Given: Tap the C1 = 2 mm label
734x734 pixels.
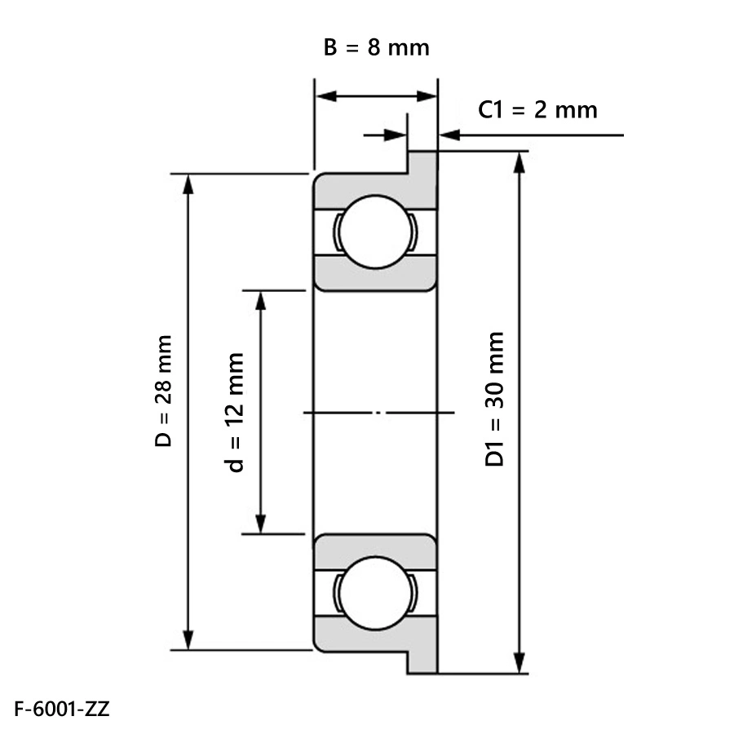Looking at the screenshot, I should point(537,109).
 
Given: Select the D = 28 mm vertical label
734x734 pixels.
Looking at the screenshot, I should point(164,391).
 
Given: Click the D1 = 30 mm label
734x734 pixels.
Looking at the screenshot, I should point(494,399).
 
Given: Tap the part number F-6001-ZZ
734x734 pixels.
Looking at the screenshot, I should point(61,708).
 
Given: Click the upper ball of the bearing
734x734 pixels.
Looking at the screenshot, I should point(375,230).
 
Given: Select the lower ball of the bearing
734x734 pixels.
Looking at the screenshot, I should point(375,592).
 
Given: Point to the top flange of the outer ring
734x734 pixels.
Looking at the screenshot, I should point(422,162).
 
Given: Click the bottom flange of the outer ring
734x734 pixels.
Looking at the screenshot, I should point(422,661).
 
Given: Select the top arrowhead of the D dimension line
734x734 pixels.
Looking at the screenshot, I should point(189,183).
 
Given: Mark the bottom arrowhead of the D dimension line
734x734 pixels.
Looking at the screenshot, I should point(189,639).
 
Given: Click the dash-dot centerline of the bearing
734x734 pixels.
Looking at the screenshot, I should point(378,413).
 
